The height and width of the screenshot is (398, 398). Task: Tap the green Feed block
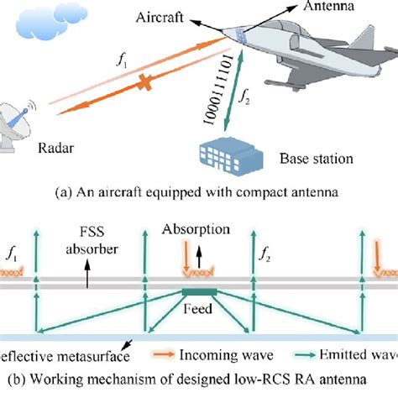(199, 291)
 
